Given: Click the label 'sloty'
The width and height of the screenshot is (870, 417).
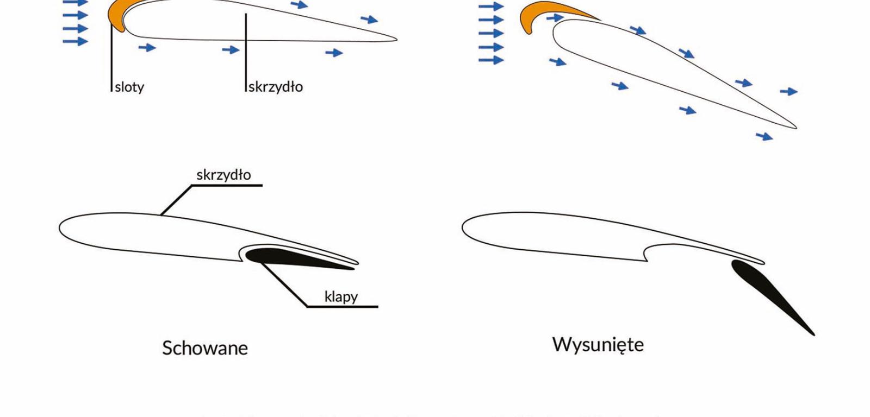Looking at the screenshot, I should tap(129, 87).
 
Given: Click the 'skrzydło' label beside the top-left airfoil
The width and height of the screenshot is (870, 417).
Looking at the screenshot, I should tap(276, 87).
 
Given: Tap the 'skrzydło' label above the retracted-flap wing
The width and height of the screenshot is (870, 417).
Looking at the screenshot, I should tap(223, 175).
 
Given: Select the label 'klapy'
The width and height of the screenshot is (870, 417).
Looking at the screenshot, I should tap(341, 296).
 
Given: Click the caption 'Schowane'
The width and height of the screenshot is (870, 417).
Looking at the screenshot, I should tap(205, 348).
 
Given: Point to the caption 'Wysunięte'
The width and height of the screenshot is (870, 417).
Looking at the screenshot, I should tap(598, 344).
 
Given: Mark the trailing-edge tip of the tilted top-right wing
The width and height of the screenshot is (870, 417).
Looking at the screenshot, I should tap(794, 128).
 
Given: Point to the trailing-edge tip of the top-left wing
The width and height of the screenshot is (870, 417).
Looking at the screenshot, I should tap(395, 39).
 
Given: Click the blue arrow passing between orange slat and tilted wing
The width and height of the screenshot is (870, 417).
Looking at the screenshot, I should tap(555, 18).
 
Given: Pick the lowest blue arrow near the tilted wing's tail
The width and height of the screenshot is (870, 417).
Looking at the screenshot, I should tap(764, 136).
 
